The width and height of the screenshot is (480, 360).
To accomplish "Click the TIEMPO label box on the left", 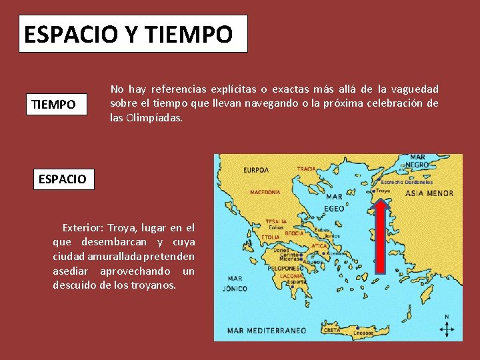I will click(60, 105).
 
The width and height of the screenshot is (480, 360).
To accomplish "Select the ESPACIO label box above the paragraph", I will click(64, 179).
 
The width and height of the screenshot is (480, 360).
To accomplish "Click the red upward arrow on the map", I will click(381, 237).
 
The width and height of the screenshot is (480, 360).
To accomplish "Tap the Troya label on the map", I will click(384, 191).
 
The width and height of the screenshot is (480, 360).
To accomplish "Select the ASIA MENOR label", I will click(430, 193).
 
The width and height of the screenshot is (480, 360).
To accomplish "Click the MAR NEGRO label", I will click(418, 161).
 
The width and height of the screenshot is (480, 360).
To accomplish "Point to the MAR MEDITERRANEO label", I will click(267, 330).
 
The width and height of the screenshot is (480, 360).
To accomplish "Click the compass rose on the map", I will click(447, 327).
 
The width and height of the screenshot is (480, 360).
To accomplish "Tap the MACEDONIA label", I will click(265, 192).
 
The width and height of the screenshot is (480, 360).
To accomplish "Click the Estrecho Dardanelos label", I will click(406, 181).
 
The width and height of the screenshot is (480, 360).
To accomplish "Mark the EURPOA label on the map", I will click(256, 170).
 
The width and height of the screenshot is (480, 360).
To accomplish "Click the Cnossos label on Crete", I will click(363, 332).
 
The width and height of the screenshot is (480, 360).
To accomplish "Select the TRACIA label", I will click(307, 169).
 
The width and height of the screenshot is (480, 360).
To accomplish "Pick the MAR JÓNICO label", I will click(237, 283).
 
